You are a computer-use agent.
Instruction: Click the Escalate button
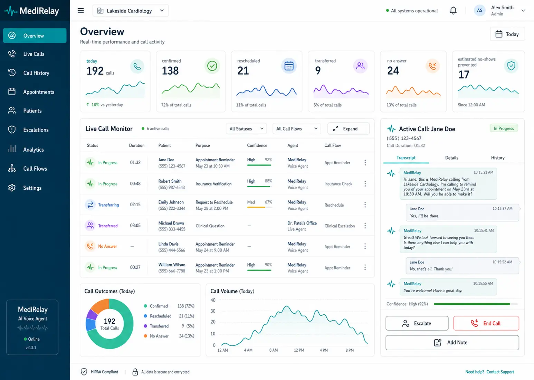pos(417,323)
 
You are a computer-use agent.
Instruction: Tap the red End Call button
pos(486,323)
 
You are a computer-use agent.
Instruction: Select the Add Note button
pos(452,343)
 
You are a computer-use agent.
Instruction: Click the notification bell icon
pos(453,11)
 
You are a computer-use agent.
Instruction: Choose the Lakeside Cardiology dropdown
pos(131,11)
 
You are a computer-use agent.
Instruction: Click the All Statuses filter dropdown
pos(246,129)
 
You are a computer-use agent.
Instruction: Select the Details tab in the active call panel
pos(451,158)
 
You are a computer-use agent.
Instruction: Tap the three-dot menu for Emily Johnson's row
pos(365,205)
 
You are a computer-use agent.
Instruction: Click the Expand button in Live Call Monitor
pos(348,129)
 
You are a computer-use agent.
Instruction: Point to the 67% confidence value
pos(268,202)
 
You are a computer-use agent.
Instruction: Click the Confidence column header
pos(257,145)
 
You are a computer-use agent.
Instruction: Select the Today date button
pos(507,34)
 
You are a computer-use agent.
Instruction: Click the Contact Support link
pos(500,372)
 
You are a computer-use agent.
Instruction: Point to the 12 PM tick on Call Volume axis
pos(299,350)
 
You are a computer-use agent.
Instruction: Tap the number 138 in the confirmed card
pos(170,71)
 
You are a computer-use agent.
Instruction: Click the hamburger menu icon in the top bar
pos(81,11)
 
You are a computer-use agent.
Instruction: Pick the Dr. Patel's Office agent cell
pos(302,226)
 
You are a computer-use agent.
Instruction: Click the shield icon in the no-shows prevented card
pos(511,66)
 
